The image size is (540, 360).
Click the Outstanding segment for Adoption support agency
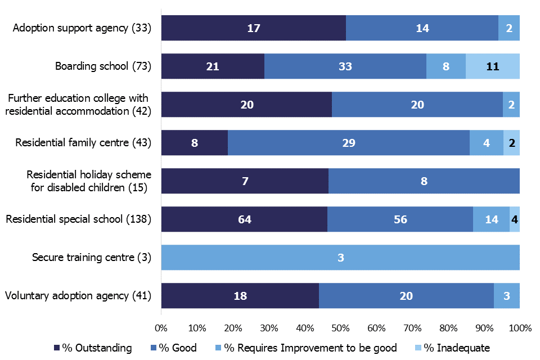click(x=253, y=28)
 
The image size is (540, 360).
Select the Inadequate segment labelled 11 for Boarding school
click(x=493, y=66)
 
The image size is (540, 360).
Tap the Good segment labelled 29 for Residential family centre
click(x=348, y=143)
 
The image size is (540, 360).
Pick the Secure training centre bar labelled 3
click(x=340, y=258)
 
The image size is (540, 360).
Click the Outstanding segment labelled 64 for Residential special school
click(x=244, y=219)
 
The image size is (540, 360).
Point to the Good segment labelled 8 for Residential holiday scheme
click(x=424, y=181)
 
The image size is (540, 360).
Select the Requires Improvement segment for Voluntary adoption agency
click(x=506, y=296)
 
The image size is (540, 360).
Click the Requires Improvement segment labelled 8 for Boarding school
click(x=445, y=66)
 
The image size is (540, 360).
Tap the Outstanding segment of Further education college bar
click(x=246, y=105)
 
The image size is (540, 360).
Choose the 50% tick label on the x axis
click(x=340, y=327)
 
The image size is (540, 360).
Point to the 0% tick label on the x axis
click(x=161, y=327)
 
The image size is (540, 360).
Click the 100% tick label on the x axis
click(x=519, y=327)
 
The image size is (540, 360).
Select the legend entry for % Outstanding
click(x=93, y=348)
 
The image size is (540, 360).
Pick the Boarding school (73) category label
click(x=103, y=66)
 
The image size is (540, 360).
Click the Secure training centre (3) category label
click(x=92, y=258)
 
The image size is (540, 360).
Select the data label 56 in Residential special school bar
click(x=400, y=219)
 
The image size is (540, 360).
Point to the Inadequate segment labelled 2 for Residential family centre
click(x=511, y=143)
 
